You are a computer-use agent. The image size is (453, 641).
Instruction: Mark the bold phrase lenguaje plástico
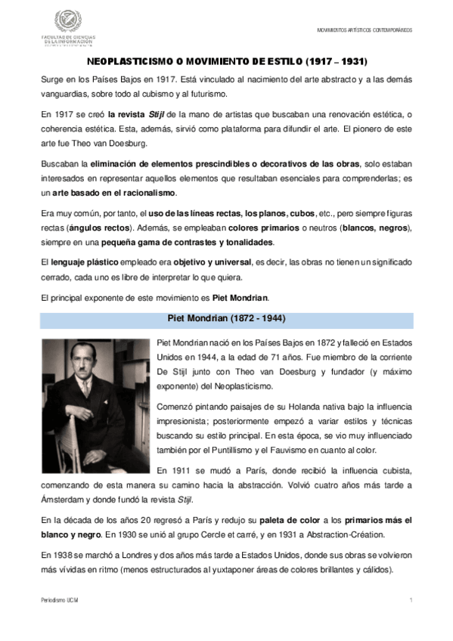point(73,262)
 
